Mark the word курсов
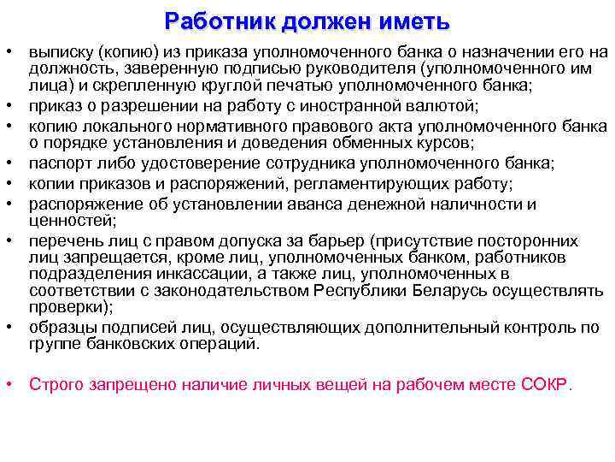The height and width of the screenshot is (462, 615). (451, 143)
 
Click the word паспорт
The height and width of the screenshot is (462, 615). (61, 163)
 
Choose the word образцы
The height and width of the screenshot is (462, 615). (62, 328)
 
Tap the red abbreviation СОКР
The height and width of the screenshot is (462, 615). (543, 384)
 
